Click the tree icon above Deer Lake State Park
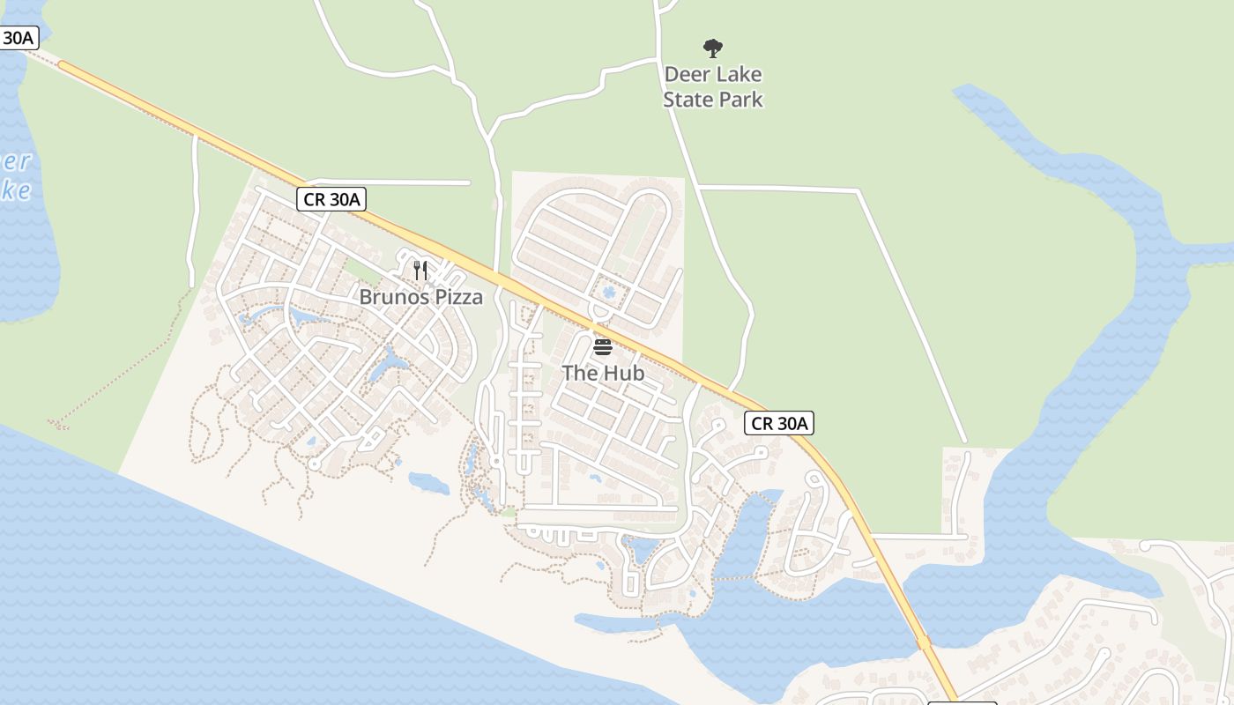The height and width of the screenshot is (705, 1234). [713, 48]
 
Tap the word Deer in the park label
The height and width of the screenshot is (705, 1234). [686, 75]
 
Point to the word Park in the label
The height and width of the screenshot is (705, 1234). [740, 100]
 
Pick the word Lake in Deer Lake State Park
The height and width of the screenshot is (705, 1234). [738, 75]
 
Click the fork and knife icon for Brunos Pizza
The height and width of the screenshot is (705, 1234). [420, 271]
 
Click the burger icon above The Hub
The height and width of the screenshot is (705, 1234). [603, 347]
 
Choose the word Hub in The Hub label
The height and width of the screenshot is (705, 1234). [625, 374]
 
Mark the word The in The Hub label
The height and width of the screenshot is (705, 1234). [580, 374]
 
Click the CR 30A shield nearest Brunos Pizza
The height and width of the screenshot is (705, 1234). [331, 199]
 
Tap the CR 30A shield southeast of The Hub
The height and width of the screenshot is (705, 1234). [779, 424]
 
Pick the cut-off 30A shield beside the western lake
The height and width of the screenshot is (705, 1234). [18, 38]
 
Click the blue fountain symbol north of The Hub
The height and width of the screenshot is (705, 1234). [608, 291]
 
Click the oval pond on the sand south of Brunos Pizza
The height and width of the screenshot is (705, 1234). [429, 483]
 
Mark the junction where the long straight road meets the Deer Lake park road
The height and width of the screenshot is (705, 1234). [697, 187]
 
